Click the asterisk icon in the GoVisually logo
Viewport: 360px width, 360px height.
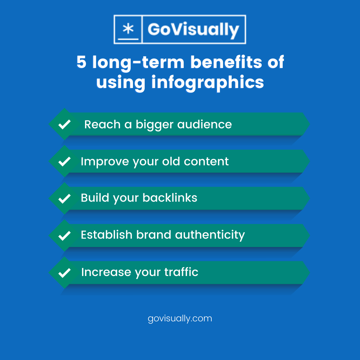click(x=128, y=29)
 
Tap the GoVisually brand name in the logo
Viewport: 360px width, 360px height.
click(x=193, y=29)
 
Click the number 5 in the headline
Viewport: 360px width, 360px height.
click(x=81, y=62)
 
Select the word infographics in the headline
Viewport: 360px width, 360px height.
click(x=208, y=82)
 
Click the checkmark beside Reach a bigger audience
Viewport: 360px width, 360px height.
click(x=64, y=125)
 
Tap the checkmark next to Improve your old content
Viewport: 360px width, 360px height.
click(x=64, y=162)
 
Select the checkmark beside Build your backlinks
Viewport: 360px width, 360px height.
click(x=64, y=199)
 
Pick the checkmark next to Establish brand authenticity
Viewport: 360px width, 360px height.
click(x=64, y=236)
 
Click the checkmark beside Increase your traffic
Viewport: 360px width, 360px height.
click(x=64, y=273)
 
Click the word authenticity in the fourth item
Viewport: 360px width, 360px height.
click(x=210, y=235)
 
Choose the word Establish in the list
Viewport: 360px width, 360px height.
click(x=107, y=235)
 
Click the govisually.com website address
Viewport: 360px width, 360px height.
click(x=180, y=318)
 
